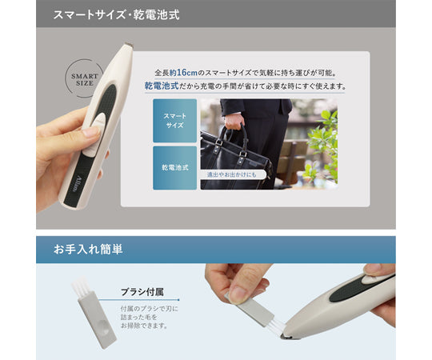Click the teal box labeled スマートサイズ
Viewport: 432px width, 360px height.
point(174,121)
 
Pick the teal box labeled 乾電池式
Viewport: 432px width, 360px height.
point(174,167)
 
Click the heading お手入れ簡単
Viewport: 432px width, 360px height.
point(89,250)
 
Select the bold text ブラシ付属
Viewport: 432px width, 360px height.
point(142,292)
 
